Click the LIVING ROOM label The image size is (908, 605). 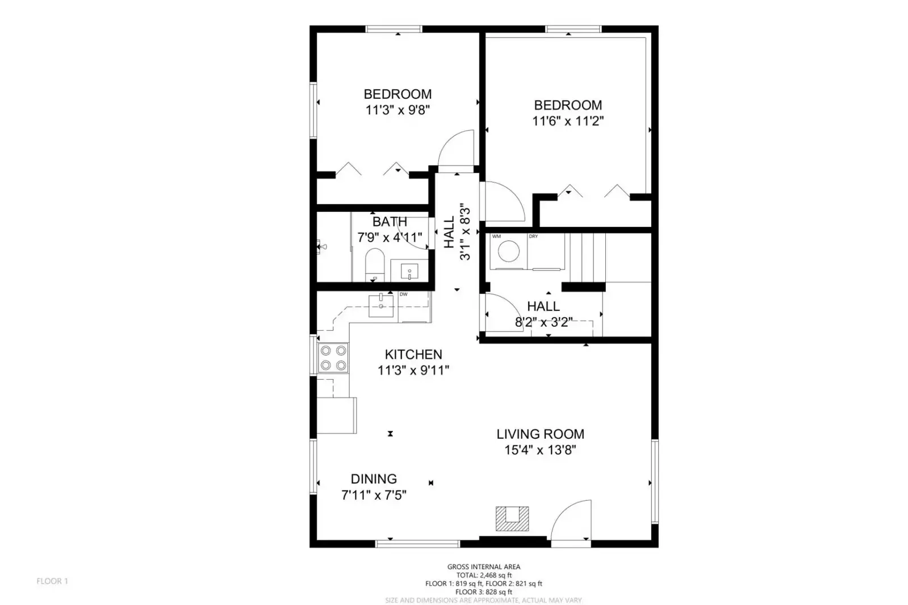click(x=541, y=434)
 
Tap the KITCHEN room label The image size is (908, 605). click(x=413, y=355)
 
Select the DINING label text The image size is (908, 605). click(x=374, y=479)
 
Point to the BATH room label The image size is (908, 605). click(x=390, y=222)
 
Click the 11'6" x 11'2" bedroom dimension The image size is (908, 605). click(x=568, y=121)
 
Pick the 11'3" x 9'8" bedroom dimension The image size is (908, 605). click(x=397, y=110)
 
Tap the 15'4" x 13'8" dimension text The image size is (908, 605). click(x=541, y=450)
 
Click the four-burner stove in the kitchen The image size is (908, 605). click(x=333, y=358)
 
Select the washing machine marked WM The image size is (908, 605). click(x=508, y=251)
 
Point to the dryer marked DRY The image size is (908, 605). click(x=546, y=251)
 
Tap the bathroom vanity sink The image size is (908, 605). click(x=409, y=271)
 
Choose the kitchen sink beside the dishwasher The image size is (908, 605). click(x=380, y=306)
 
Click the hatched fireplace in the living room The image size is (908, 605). click(x=512, y=518)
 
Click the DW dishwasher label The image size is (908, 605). click(x=403, y=295)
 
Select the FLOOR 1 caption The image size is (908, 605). click(x=52, y=581)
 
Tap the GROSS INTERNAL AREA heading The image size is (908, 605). click(x=484, y=567)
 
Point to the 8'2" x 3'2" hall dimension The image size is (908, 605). click(x=543, y=322)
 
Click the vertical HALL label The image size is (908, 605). click(x=449, y=232)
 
